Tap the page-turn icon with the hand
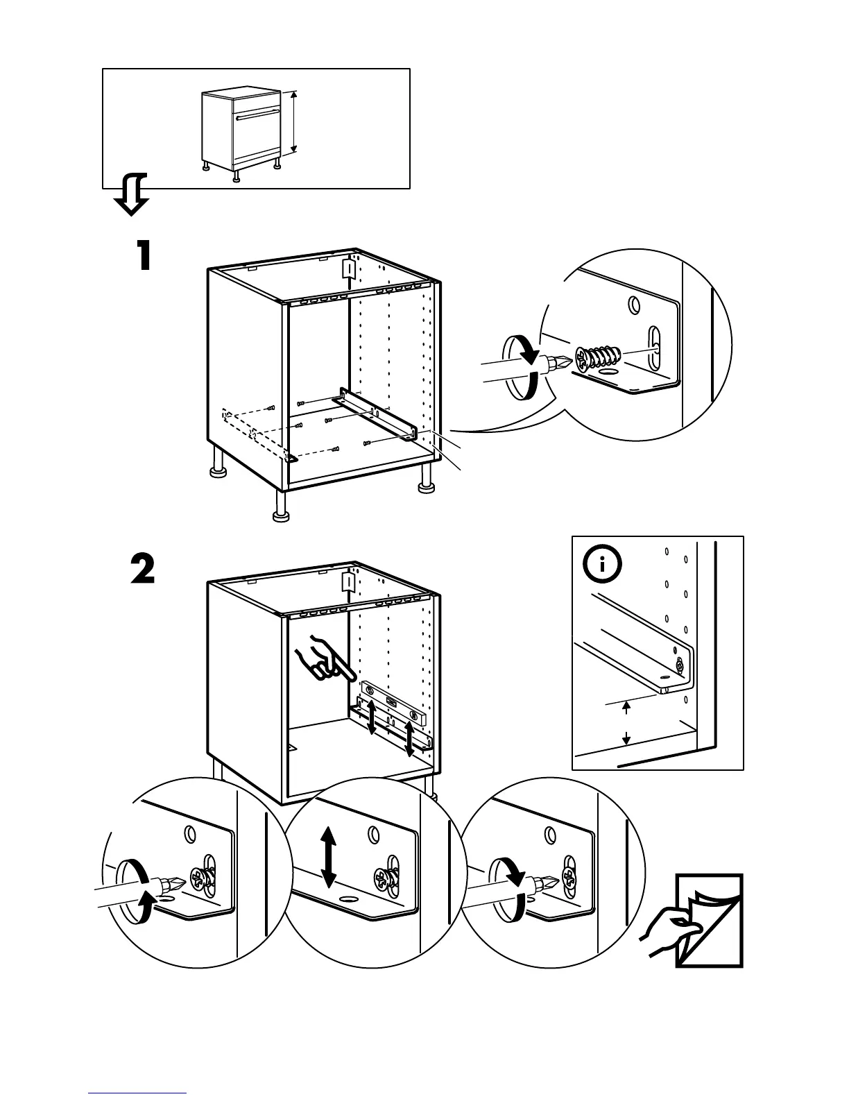tap(701, 921)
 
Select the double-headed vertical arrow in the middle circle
tap(328, 858)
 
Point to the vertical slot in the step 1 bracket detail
tap(653, 345)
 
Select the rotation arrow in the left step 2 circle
tap(132, 891)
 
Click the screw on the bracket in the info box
tap(679, 667)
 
